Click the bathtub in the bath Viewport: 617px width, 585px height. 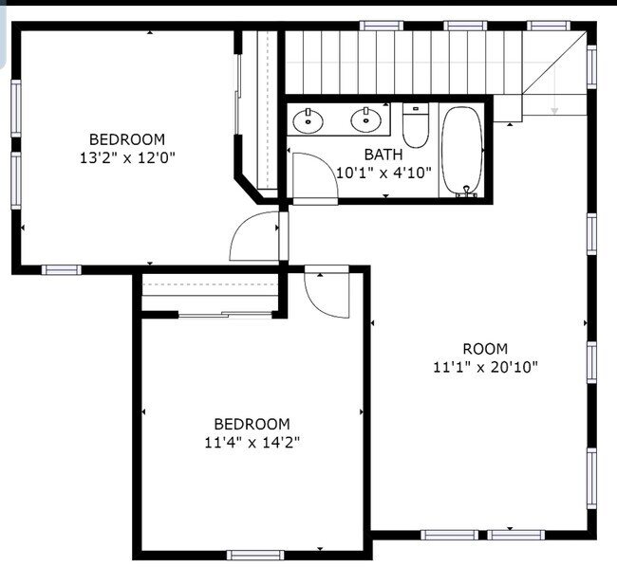(x=462, y=150)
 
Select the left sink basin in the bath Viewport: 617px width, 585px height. (x=308, y=120)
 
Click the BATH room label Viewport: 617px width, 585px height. (x=383, y=154)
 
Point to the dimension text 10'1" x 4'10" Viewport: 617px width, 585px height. (x=384, y=173)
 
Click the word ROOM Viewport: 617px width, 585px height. (x=484, y=349)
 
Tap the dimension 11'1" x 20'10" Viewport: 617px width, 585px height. (x=485, y=367)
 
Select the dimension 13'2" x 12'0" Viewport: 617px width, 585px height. (x=126, y=156)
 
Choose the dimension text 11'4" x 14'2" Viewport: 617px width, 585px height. (x=252, y=442)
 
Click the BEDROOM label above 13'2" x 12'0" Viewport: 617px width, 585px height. (x=126, y=138)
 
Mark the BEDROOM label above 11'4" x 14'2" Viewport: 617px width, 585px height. (x=252, y=424)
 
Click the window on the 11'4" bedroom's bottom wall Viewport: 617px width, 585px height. (x=255, y=555)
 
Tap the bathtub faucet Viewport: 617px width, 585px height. (x=465, y=192)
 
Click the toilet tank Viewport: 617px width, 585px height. (x=416, y=109)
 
